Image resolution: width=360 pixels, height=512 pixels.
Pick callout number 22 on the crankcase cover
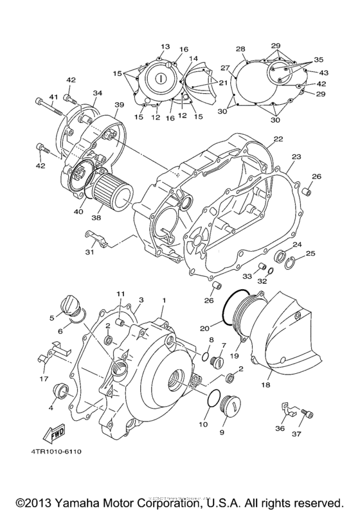pos(277,139)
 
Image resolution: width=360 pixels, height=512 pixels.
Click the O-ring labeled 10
pos(217,398)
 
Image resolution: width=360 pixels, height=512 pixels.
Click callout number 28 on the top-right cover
pos(240,49)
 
